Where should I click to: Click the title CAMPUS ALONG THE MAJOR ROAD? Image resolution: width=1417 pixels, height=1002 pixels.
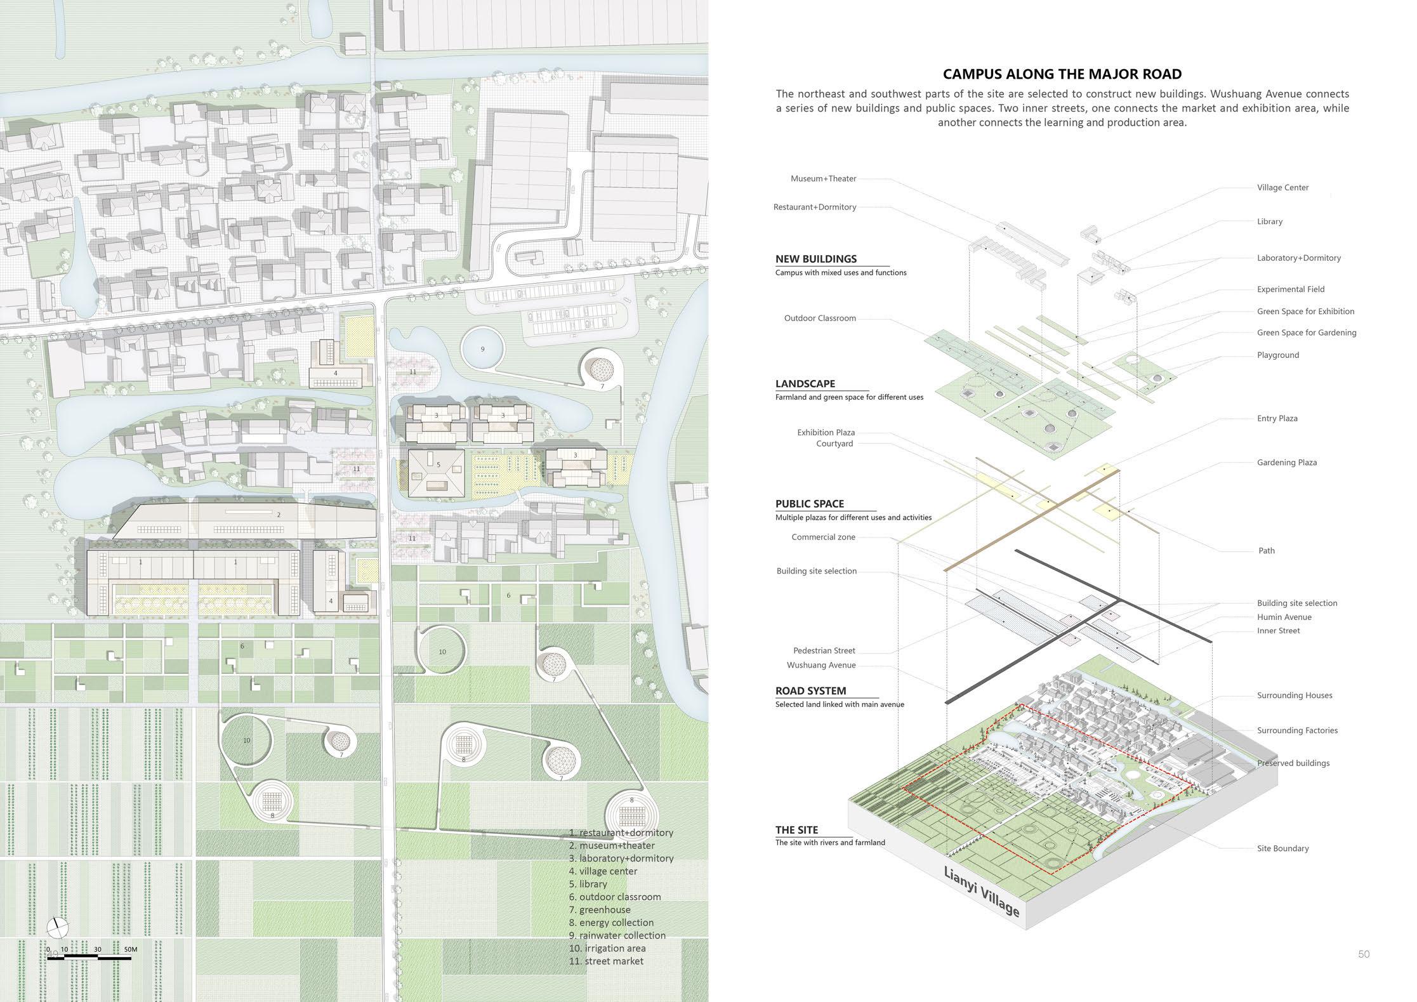pyautogui.click(x=1062, y=74)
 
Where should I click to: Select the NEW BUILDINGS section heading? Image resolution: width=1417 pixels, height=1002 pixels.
pyautogui.click(x=815, y=259)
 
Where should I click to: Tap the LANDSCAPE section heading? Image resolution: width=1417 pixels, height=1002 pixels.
pyautogui.click(x=805, y=384)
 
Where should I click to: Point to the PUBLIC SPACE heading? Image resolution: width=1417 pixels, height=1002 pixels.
pyautogui.click(x=809, y=504)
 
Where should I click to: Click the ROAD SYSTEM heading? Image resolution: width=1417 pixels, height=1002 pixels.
pyautogui.click(x=810, y=691)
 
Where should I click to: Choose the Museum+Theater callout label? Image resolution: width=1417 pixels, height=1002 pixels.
pyautogui.click(x=823, y=179)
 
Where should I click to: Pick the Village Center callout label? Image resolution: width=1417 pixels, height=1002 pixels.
pyautogui.click(x=1282, y=188)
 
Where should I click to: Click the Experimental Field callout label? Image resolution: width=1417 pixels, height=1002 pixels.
pyautogui.click(x=1290, y=289)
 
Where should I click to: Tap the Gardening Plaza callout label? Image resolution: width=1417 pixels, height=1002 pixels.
pyautogui.click(x=1286, y=463)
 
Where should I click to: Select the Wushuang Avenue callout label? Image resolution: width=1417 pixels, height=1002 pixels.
pyautogui.click(x=821, y=665)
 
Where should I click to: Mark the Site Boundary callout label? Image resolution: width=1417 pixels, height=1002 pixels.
pyautogui.click(x=1282, y=848)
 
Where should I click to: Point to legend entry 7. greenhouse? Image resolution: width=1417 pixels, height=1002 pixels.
pyautogui.click(x=600, y=909)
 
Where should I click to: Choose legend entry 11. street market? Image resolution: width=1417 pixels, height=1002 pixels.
pyautogui.click(x=606, y=961)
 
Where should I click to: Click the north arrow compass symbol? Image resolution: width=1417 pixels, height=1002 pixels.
pyautogui.click(x=56, y=927)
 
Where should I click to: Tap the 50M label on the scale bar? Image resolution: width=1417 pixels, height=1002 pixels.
pyautogui.click(x=130, y=950)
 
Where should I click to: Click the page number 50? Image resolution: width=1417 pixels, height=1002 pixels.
pyautogui.click(x=1364, y=954)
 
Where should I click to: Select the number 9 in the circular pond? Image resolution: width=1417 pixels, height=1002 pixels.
pyautogui.click(x=482, y=349)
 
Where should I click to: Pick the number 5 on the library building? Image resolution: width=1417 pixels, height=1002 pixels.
pyautogui.click(x=438, y=465)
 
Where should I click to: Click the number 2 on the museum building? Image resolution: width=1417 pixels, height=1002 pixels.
pyautogui.click(x=279, y=515)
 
